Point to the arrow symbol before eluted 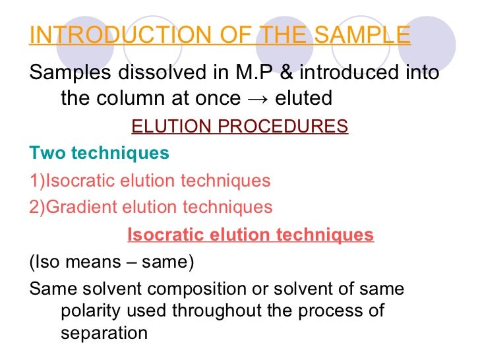pos(260,99)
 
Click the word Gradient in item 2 pos(76,207)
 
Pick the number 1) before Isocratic pos(36,180)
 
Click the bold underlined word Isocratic pos(164,234)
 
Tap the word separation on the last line pos(104,333)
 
